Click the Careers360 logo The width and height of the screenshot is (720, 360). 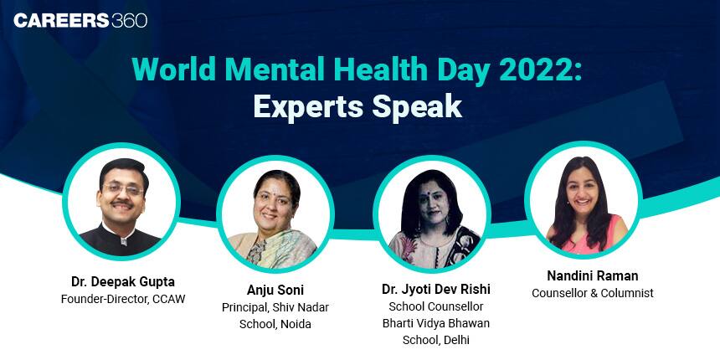pyautogui.click(x=80, y=20)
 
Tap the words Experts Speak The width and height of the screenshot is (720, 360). pyautogui.click(x=358, y=107)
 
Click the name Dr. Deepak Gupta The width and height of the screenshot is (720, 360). pyautogui.click(x=122, y=281)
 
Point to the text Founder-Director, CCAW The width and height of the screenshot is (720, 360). pyautogui.click(x=122, y=299)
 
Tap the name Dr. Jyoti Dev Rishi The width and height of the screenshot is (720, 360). pyautogui.click(x=435, y=289)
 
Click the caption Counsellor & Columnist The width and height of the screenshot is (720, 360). pyautogui.click(x=592, y=293)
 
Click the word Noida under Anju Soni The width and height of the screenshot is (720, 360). pyautogui.click(x=294, y=324)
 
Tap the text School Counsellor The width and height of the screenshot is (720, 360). pyautogui.click(x=435, y=306)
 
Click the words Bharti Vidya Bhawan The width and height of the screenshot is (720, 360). pyautogui.click(x=435, y=323)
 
